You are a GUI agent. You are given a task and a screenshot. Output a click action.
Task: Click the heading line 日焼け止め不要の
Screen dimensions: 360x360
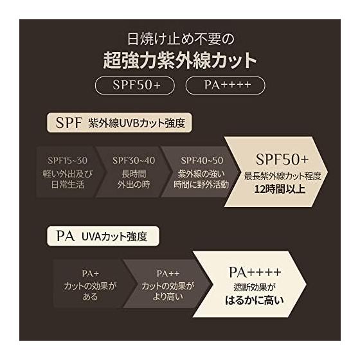pyautogui.click(x=181, y=39)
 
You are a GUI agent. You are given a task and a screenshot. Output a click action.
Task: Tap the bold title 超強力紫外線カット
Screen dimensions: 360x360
pyautogui.click(x=180, y=60)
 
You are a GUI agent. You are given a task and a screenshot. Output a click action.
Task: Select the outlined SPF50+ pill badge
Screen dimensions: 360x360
pyautogui.click(x=135, y=85)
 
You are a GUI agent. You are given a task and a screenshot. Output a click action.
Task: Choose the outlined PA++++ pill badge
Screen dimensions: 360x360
pyautogui.click(x=225, y=85)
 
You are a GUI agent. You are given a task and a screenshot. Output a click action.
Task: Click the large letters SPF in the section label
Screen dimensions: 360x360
pyautogui.click(x=69, y=123)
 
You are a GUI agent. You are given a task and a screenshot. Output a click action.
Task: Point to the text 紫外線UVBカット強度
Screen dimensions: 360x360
pyautogui.click(x=136, y=123)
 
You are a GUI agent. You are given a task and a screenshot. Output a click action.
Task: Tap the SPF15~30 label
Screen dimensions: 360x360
pyautogui.click(x=67, y=161)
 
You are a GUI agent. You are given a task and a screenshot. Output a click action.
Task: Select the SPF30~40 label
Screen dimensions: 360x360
pyautogui.click(x=134, y=161)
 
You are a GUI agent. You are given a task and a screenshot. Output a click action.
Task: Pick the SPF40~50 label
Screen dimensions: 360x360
pyautogui.click(x=202, y=161)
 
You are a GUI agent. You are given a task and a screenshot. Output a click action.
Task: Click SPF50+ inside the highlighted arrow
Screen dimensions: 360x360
pyautogui.click(x=282, y=159)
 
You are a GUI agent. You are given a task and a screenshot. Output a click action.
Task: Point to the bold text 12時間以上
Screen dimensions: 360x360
pyautogui.click(x=280, y=190)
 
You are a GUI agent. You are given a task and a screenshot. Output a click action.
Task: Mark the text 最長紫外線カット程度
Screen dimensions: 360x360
pyautogui.click(x=282, y=176)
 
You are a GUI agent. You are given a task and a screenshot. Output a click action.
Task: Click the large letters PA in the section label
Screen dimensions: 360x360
pyautogui.click(x=66, y=236)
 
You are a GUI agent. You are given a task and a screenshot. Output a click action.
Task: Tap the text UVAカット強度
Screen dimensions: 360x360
pyautogui.click(x=114, y=237)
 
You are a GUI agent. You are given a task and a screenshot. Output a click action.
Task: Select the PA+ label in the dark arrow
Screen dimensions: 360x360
pyautogui.click(x=90, y=274)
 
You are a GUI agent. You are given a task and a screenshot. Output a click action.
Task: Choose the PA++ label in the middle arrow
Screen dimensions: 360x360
pyautogui.click(x=168, y=274)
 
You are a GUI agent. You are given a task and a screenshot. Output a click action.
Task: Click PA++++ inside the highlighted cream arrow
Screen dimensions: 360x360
pyautogui.click(x=255, y=273)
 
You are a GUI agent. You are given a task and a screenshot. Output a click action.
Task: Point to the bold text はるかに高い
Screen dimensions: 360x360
pyautogui.click(x=255, y=300)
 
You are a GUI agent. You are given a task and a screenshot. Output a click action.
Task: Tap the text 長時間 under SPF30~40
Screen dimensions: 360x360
pyautogui.click(x=134, y=174)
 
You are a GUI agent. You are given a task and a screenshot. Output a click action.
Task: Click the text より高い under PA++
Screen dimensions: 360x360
pyautogui.click(x=168, y=297)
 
